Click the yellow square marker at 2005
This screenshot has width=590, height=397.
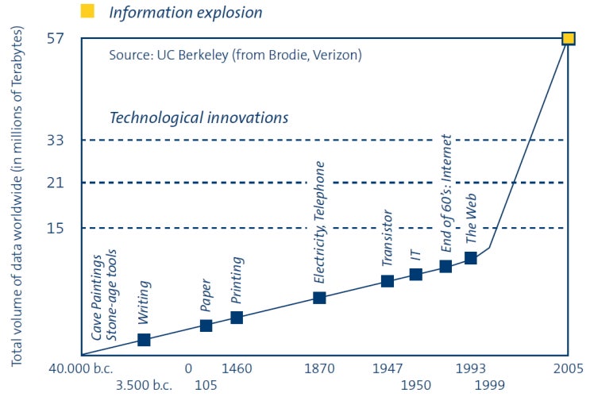point(569,38)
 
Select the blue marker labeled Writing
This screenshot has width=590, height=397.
point(144,340)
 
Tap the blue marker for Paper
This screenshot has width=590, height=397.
point(206,326)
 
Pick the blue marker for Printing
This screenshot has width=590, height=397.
point(237,318)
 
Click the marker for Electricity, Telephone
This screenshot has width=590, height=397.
point(319,298)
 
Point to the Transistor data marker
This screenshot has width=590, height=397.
point(388,281)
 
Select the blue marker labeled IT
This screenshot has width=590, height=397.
point(415,275)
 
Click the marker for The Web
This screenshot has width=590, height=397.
point(471,258)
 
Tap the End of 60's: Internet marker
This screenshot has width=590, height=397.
point(446,266)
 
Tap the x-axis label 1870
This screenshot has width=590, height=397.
point(319,368)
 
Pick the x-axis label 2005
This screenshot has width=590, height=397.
point(568,368)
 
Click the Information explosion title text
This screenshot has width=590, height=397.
point(185,12)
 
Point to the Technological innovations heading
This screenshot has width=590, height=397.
point(199,118)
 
